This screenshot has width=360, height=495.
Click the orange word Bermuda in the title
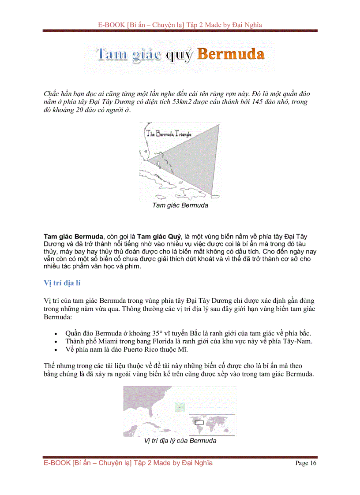(231, 55)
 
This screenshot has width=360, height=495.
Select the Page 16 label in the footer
(306, 463)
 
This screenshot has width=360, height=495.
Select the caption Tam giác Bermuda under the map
(180, 205)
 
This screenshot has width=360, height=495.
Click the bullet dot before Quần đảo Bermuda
(55, 334)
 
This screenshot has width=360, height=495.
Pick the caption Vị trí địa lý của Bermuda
(180, 441)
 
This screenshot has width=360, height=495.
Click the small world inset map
(212, 425)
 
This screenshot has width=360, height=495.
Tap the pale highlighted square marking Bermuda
(179, 407)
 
